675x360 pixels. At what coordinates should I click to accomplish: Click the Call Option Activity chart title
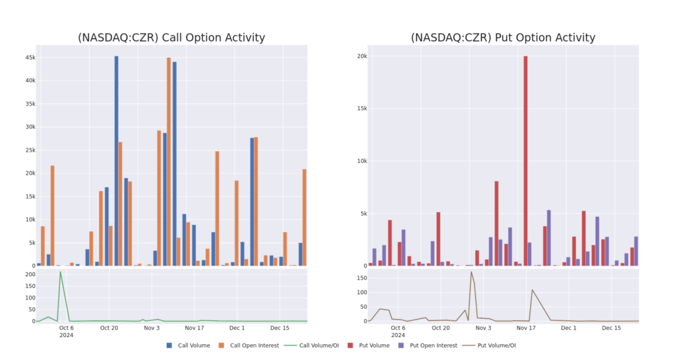(171, 38)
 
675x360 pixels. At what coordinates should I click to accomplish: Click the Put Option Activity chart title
(503, 38)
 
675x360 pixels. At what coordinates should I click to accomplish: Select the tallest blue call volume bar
(117, 158)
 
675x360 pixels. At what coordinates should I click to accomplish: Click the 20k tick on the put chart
(362, 56)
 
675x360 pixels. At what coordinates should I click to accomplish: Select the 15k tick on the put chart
(362, 109)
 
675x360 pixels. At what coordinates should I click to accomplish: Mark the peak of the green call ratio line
(61, 272)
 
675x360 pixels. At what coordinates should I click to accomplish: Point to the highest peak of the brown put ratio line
(471, 272)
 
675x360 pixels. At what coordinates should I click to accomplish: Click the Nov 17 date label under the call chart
(194, 328)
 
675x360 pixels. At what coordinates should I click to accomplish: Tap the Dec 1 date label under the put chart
(569, 328)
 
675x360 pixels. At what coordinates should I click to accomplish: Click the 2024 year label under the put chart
(398, 335)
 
